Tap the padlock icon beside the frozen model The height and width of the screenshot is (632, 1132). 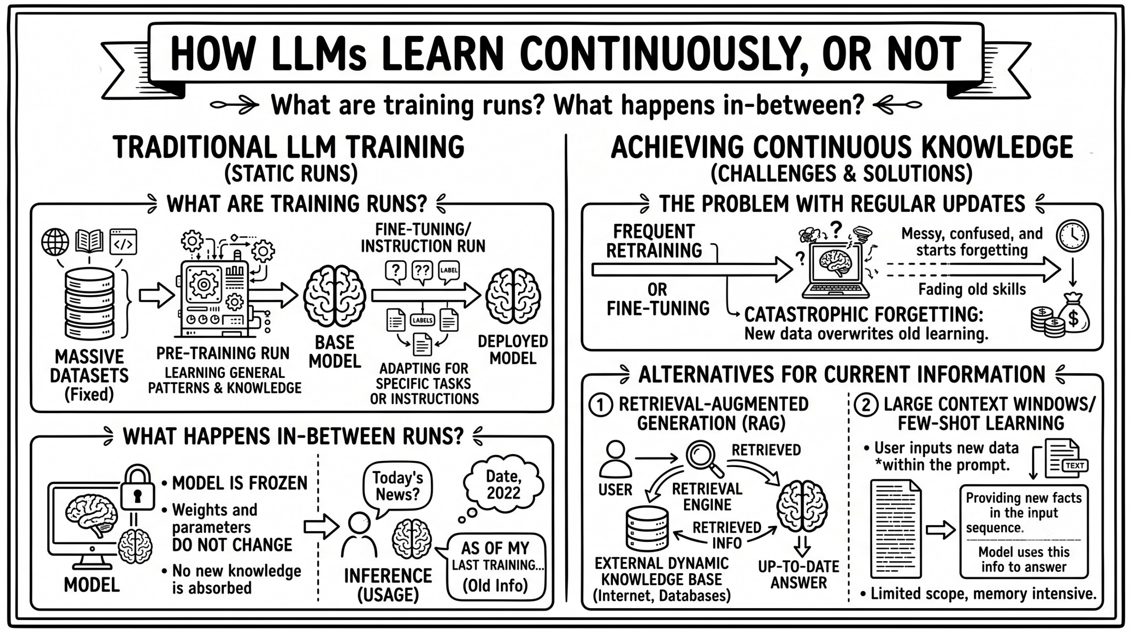click(x=138, y=488)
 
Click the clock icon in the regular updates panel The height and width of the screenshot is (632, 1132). click(x=1072, y=236)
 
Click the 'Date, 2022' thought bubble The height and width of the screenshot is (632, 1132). click(x=503, y=484)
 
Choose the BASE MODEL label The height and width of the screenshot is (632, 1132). click(x=335, y=352)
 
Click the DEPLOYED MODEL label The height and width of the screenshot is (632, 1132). click(x=512, y=349)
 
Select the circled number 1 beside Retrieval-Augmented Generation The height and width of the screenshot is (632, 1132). click(x=600, y=406)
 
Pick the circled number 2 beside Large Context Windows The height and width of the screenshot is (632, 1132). click(x=865, y=406)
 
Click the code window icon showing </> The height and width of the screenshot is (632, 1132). click(x=123, y=241)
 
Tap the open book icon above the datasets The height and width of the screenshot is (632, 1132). click(x=89, y=241)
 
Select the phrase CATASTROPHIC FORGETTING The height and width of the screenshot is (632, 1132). click(x=864, y=314)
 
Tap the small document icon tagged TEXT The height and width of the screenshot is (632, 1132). click(x=1066, y=458)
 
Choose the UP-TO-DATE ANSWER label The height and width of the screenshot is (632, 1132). click(x=799, y=575)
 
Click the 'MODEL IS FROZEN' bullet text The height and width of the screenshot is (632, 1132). click(x=239, y=483)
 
